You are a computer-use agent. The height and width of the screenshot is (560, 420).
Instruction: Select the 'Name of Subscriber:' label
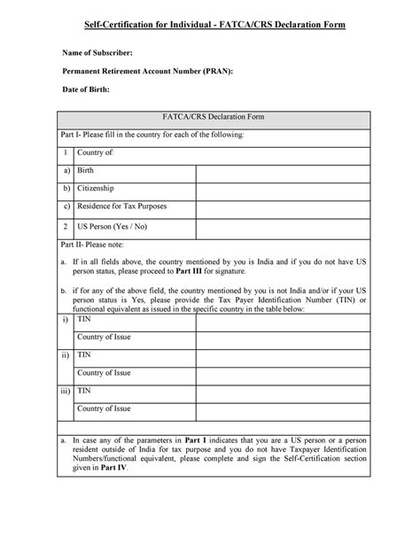(103, 53)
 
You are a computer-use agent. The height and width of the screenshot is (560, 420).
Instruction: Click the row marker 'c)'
(66, 207)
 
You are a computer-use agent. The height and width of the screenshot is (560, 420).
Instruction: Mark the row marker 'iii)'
(66, 390)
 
